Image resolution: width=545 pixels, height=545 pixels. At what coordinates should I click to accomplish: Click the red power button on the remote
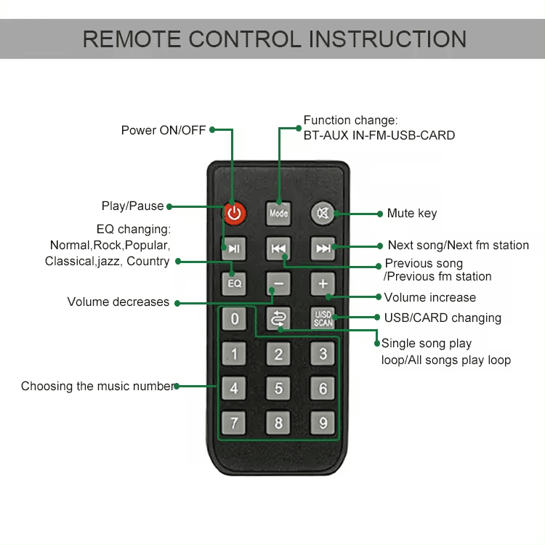(x=234, y=213)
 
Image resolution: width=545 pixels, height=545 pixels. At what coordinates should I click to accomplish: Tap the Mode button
(x=278, y=213)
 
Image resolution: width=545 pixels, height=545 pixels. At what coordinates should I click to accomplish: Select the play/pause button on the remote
(x=234, y=249)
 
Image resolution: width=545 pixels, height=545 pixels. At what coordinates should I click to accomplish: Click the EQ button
(x=234, y=283)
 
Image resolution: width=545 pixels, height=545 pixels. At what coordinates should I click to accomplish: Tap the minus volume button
(x=278, y=283)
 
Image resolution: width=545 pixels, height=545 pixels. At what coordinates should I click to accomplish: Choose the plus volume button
(x=323, y=283)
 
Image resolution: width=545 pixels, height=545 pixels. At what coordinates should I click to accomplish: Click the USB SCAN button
(x=323, y=318)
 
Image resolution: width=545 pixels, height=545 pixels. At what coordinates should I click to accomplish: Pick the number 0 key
(x=234, y=318)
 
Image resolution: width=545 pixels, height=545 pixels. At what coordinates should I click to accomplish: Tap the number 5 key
(x=278, y=389)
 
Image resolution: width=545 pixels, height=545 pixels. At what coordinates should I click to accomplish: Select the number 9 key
(x=323, y=423)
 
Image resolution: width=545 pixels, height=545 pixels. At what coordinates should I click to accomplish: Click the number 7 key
(x=234, y=423)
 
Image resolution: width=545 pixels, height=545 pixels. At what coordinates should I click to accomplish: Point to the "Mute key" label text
(x=412, y=214)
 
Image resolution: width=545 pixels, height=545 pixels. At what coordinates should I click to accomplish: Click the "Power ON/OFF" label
(x=163, y=130)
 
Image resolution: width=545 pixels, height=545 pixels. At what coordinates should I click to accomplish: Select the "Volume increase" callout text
(x=429, y=297)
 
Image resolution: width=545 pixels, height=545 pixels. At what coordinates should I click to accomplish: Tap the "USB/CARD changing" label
(x=443, y=318)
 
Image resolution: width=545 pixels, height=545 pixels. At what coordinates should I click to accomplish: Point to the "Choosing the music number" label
(x=97, y=387)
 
